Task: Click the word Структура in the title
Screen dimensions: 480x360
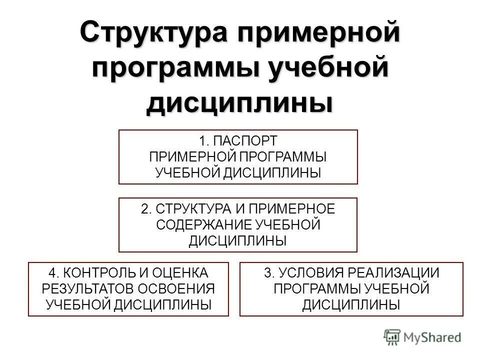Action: pyautogui.click(x=148, y=34)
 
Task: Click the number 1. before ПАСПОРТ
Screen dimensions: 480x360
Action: pyautogui.click(x=205, y=141)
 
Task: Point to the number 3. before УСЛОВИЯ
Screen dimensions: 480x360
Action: pyautogui.click(x=269, y=273)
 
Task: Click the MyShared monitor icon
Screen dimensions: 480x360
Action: pyautogui.click(x=393, y=337)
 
